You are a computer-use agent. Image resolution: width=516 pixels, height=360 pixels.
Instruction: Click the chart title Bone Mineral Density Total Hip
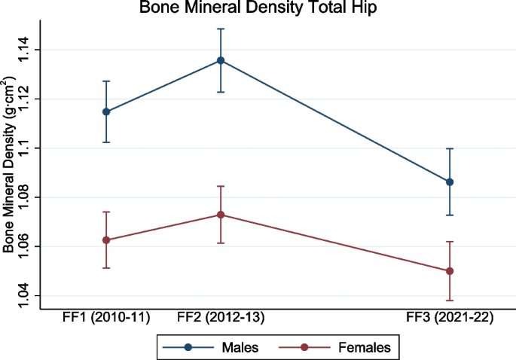point(258,8)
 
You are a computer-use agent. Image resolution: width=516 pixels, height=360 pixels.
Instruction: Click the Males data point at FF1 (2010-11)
point(106,111)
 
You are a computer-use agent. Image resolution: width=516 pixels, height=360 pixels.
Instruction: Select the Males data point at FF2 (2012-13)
point(221,60)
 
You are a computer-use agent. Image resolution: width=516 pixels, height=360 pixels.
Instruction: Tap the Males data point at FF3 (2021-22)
point(450,182)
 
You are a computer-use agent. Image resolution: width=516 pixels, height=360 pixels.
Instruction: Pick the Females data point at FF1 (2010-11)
point(106,240)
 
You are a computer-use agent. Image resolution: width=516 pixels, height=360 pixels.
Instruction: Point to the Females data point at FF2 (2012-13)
point(221,215)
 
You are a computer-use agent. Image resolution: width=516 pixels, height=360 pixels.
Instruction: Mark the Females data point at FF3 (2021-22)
point(450,271)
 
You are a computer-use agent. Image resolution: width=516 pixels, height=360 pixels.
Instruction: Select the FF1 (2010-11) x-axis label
point(106,318)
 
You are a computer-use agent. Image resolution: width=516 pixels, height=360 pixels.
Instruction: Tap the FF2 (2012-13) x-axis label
point(221,318)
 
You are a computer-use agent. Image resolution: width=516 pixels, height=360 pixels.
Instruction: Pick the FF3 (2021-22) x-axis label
point(450,318)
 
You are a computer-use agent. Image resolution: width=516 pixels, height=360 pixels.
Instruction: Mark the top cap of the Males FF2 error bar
point(221,29)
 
